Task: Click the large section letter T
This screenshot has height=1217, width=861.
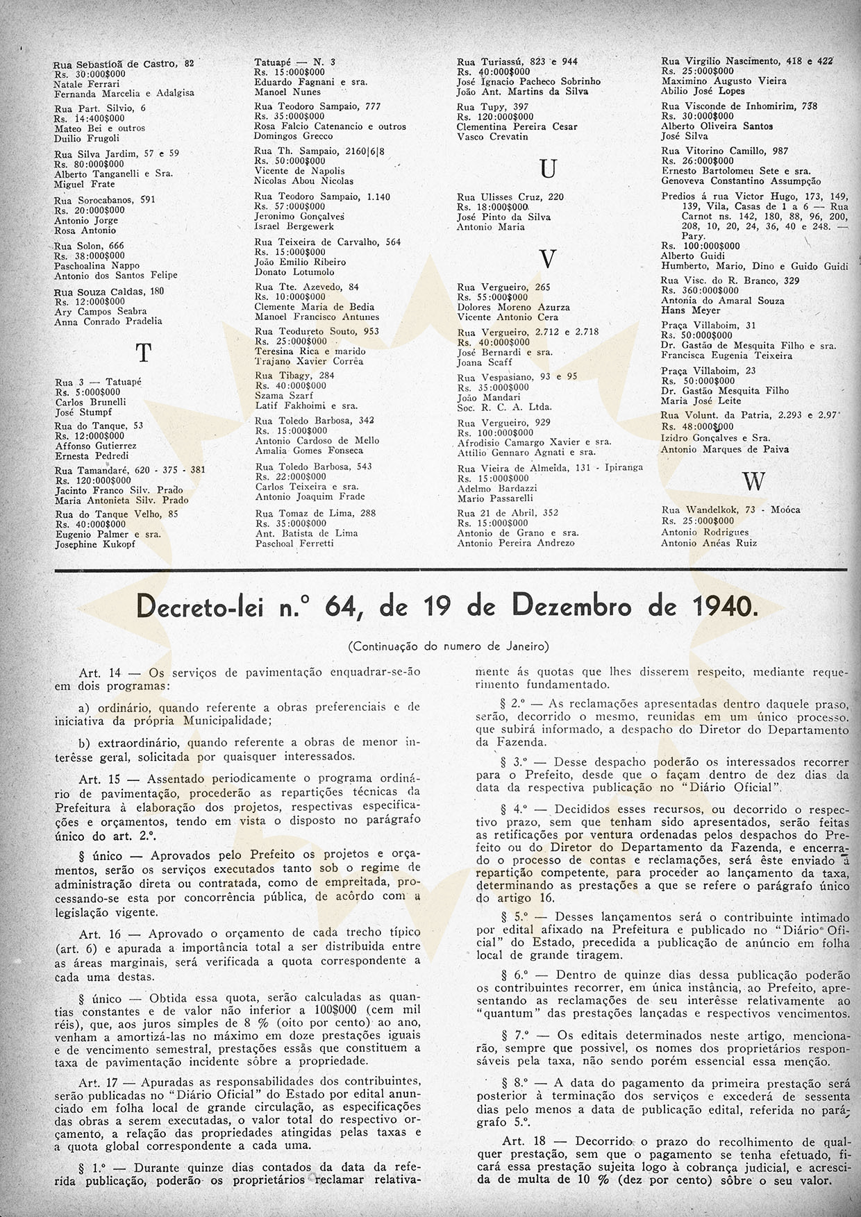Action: pyautogui.click(x=143, y=353)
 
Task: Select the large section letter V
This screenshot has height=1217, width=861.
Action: pyautogui.click(x=548, y=258)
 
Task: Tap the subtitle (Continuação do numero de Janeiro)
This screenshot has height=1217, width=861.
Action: pyautogui.click(x=448, y=646)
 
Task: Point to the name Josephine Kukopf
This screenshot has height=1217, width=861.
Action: pyautogui.click(x=95, y=544)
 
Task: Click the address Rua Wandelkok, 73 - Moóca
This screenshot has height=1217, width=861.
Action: pyautogui.click(x=730, y=510)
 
